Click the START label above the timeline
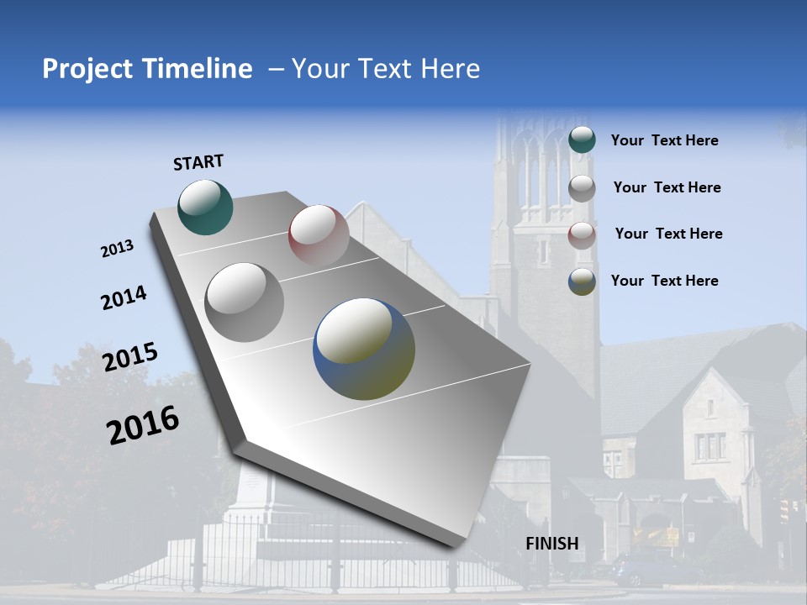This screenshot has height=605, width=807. click(198, 162)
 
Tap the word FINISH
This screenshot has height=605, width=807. click(552, 544)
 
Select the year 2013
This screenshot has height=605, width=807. click(117, 249)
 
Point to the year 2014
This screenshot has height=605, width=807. click(124, 298)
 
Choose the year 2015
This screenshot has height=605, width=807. click(129, 357)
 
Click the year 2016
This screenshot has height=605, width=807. click(143, 425)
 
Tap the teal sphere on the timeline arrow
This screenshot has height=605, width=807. click(205, 207)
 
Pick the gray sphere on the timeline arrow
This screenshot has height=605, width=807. click(244, 302)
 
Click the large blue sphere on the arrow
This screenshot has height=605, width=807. click(364, 349)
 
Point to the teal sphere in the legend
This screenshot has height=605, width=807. click(582, 139)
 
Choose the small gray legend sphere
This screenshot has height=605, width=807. click(582, 188)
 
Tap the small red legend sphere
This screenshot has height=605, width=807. click(582, 235)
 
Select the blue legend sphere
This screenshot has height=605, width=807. click(582, 281)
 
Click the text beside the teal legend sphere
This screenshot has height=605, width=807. click(664, 140)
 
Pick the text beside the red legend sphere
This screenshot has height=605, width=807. click(668, 234)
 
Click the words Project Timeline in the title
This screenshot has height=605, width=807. click(147, 69)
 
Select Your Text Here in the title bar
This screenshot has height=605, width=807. click(385, 69)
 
